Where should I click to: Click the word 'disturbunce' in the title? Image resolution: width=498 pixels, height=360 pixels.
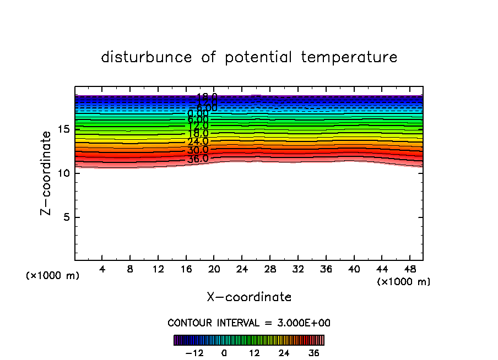tap(147, 57)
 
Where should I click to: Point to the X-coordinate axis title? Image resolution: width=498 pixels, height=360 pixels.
tap(249, 297)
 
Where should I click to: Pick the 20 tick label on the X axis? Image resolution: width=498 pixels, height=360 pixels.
tap(214, 270)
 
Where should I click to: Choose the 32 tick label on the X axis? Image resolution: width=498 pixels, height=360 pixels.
tap(297, 270)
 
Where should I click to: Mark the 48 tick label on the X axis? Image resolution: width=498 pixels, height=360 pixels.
tap(409, 270)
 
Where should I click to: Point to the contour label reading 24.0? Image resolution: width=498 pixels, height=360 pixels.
tap(198, 142)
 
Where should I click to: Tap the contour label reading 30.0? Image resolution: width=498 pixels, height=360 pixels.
tap(198, 150)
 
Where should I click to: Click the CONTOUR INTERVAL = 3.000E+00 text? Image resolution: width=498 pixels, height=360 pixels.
tap(249, 323)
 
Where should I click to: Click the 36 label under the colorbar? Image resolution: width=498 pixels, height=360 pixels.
tap(313, 353)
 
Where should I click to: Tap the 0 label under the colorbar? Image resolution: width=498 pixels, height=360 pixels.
tap(224, 353)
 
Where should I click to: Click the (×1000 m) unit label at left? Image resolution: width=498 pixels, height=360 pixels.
tap(53, 276)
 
